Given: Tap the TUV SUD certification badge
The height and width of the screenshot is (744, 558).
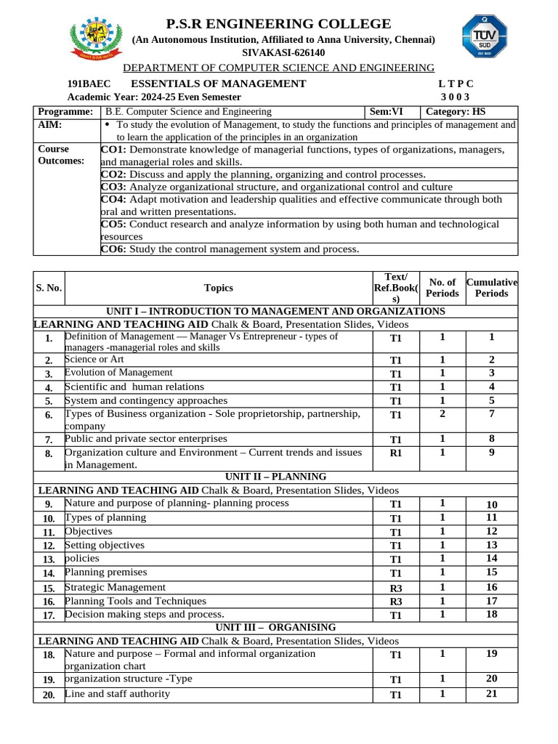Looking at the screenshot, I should [x=485, y=38].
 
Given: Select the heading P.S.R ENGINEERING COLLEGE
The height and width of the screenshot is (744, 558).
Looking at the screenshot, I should [x=278, y=24].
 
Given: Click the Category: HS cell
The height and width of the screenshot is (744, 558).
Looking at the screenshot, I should [x=456, y=112].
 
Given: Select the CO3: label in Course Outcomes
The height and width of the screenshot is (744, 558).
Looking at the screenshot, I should [x=113, y=187].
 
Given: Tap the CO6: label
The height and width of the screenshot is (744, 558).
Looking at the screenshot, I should [x=113, y=249].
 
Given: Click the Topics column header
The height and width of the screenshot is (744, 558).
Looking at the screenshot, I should [x=219, y=288].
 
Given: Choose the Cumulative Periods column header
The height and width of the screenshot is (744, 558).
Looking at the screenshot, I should [x=492, y=288].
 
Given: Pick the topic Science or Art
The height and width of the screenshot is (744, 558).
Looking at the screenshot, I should [x=94, y=360].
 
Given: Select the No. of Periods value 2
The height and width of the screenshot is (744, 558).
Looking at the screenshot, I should [x=442, y=413].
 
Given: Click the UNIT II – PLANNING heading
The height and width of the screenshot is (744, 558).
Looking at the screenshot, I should [x=277, y=477].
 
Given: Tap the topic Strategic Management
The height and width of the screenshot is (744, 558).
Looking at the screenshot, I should [x=116, y=587].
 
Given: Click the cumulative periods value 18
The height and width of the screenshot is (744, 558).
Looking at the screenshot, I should [x=492, y=614].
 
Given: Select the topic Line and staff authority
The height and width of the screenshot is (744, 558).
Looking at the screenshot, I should [x=118, y=694].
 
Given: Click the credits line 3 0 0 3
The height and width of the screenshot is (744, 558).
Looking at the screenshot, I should [x=455, y=97].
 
